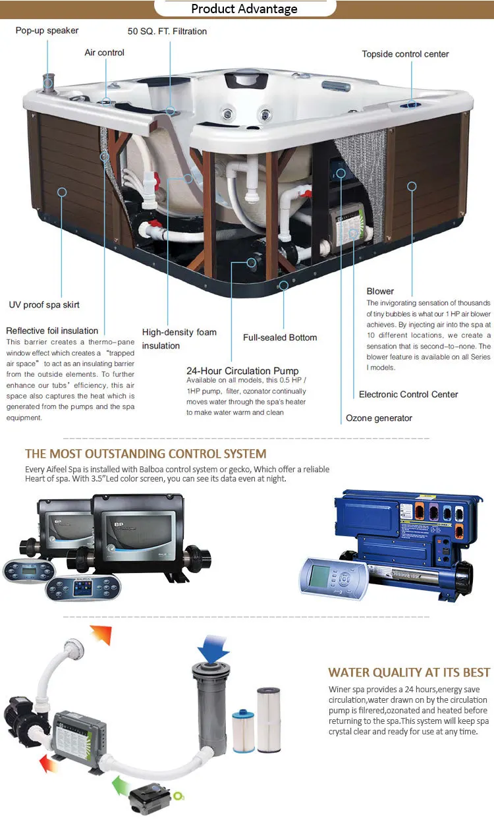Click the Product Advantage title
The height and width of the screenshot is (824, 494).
(244, 9)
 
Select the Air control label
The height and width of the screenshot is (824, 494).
(104, 53)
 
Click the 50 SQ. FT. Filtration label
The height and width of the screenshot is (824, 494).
(167, 31)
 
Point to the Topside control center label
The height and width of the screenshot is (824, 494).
(405, 53)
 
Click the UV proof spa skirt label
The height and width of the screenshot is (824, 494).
(44, 305)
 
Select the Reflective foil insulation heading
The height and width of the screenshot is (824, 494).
(52, 331)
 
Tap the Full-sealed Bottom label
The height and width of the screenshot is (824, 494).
(280, 337)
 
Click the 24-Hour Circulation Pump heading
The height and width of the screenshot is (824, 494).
(242, 371)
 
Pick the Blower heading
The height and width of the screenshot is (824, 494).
(380, 291)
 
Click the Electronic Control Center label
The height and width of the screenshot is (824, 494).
(408, 395)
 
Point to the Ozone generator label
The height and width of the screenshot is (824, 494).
(379, 418)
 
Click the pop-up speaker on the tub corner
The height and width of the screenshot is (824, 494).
(48, 82)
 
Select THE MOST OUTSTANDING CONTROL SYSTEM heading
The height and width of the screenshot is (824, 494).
(146, 454)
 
